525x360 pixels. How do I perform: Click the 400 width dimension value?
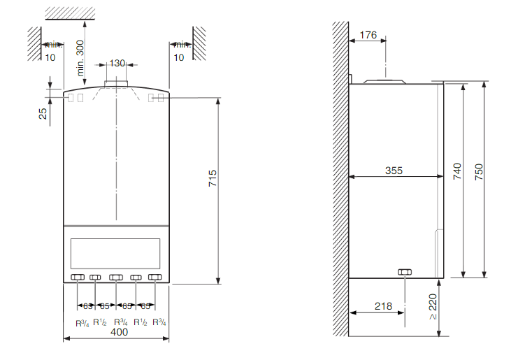(119, 333)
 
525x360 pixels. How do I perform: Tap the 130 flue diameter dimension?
(117, 63)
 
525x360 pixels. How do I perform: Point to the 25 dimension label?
(43, 111)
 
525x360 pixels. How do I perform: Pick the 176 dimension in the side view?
(368, 35)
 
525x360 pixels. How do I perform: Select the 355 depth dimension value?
(396, 171)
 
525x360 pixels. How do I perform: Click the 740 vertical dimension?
(456, 173)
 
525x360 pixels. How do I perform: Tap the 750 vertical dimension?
(479, 173)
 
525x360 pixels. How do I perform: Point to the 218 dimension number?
(383, 305)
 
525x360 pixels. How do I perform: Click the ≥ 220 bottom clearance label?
(432, 307)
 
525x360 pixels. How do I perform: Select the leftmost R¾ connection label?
(81, 322)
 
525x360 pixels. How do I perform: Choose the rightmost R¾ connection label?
(159, 322)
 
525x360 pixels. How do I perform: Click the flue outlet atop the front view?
(116, 85)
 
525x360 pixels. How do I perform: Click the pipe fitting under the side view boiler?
(403, 272)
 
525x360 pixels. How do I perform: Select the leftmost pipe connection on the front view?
(78, 278)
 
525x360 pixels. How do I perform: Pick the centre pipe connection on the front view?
(116, 278)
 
